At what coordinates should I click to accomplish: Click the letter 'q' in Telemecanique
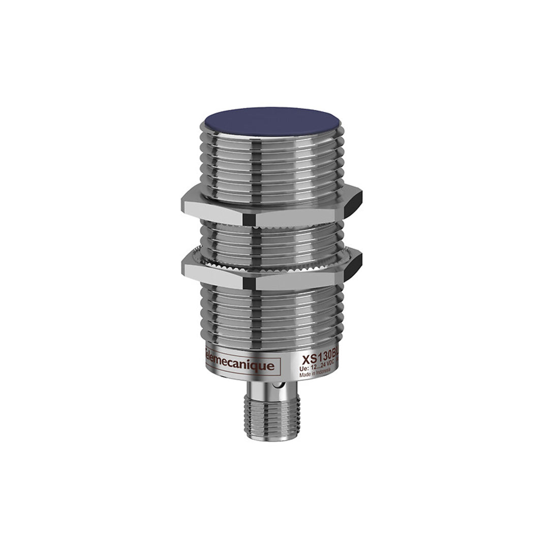coord(259,366)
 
